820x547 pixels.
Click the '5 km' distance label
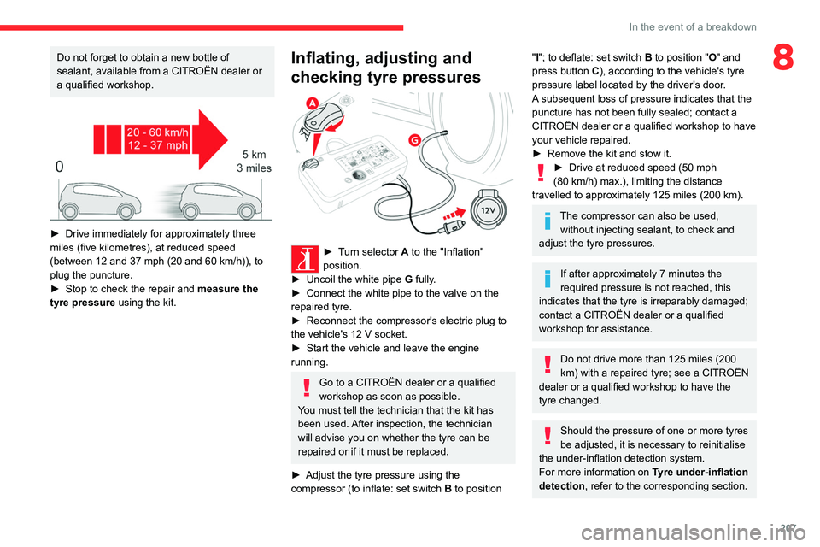click(255, 155)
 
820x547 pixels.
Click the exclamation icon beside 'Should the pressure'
click(548, 437)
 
